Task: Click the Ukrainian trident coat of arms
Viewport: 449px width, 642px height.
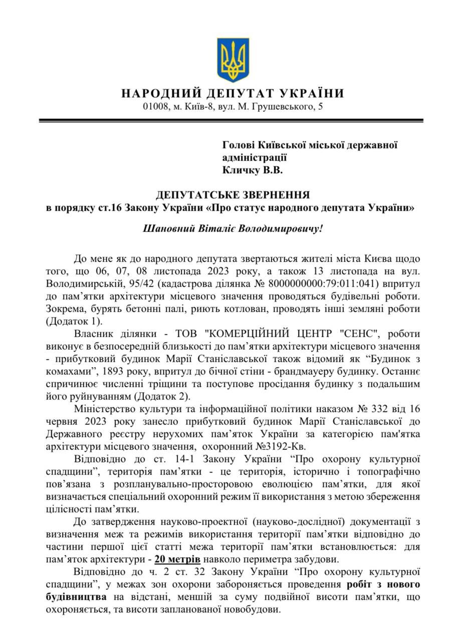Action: pyautogui.click(x=233, y=60)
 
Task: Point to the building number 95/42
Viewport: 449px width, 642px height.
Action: pyautogui.click(x=130, y=284)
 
